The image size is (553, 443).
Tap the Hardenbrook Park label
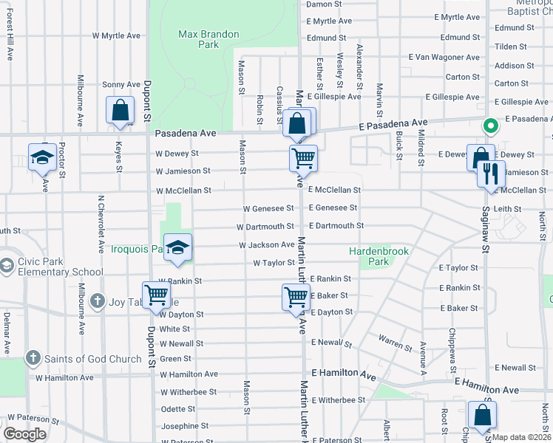[379, 256]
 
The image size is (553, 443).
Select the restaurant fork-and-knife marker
[491, 175]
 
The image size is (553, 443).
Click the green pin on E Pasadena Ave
[488, 127]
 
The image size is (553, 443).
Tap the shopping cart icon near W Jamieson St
[302, 157]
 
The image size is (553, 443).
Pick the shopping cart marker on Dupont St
[157, 295]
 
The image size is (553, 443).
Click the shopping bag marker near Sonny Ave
[120, 111]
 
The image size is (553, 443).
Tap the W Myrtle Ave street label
[116, 35]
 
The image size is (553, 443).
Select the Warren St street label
[395, 343]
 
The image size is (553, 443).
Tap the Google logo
[24, 434]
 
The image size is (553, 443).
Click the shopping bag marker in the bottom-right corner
[482, 416]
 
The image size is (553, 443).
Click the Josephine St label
[185, 426]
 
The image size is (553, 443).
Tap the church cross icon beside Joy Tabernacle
[97, 301]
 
